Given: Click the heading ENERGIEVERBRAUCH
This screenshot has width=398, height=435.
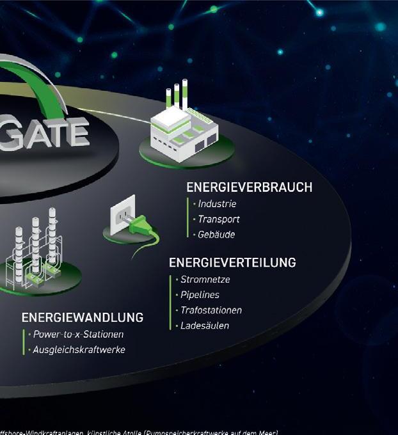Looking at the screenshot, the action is coord(249,187).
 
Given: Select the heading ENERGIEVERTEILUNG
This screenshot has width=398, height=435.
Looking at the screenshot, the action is coord(232,263).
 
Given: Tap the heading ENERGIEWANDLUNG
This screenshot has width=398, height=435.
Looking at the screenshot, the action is coord(82,318).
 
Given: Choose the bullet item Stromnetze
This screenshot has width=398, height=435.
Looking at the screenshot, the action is coord(205,280).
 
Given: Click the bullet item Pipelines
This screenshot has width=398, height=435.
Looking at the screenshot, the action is coord(200,295).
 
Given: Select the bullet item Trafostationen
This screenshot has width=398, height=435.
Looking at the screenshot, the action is coord(211,310).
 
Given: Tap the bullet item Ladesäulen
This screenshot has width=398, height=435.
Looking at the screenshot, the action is coord(204,326).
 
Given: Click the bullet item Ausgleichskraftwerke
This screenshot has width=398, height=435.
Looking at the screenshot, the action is coord(79,350).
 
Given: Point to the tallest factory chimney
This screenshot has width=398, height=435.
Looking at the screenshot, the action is coord(185,94).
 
